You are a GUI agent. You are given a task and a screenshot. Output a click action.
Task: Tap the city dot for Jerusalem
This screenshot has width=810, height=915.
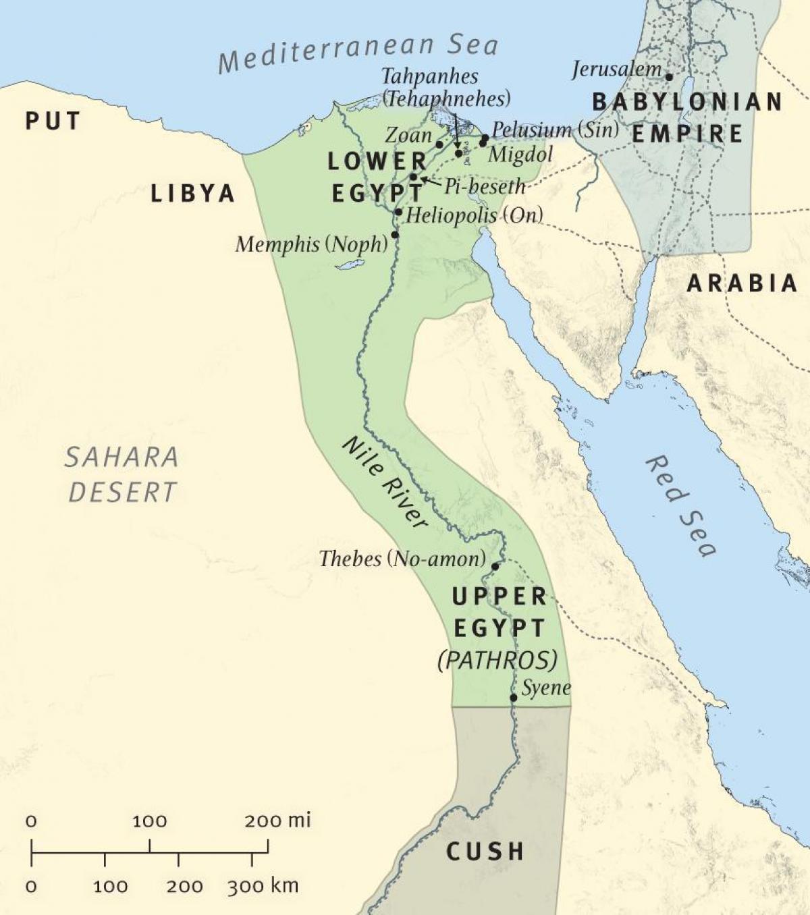pyautogui.click(x=669, y=77)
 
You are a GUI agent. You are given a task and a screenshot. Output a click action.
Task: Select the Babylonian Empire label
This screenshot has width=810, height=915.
pyautogui.click(x=687, y=117)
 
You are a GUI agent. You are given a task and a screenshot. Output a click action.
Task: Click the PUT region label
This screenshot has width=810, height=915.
pyautogui.click(x=53, y=121)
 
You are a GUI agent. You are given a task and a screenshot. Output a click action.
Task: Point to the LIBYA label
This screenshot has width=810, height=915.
pyautogui.click(x=192, y=194)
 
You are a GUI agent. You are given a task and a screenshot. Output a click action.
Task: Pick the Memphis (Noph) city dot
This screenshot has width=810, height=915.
pyautogui.click(x=395, y=235)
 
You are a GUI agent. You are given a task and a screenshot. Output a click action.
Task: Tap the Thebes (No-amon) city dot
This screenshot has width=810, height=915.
pyautogui.click(x=495, y=566)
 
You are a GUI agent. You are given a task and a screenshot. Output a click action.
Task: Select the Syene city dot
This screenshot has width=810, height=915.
pyautogui.click(x=514, y=698)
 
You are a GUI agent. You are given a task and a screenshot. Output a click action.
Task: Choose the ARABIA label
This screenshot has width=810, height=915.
pyautogui.click(x=742, y=283)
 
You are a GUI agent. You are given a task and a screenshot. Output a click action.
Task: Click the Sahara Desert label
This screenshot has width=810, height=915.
pyautogui.click(x=122, y=474)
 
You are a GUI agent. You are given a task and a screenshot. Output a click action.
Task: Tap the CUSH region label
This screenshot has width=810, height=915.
pyautogui.click(x=485, y=852)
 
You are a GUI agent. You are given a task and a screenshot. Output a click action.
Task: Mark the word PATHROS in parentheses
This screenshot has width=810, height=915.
pyautogui.click(x=497, y=659)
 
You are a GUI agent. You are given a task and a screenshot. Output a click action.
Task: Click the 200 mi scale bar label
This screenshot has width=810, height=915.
pyautogui.click(x=277, y=821)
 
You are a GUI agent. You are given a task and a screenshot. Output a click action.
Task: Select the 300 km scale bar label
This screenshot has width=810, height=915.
pyautogui.click(x=263, y=886)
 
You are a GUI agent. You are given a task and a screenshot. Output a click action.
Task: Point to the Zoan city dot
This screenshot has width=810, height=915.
pyautogui.click(x=439, y=144)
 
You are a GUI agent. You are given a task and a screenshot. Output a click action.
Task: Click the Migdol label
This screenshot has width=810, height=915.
pyautogui.click(x=520, y=155)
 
